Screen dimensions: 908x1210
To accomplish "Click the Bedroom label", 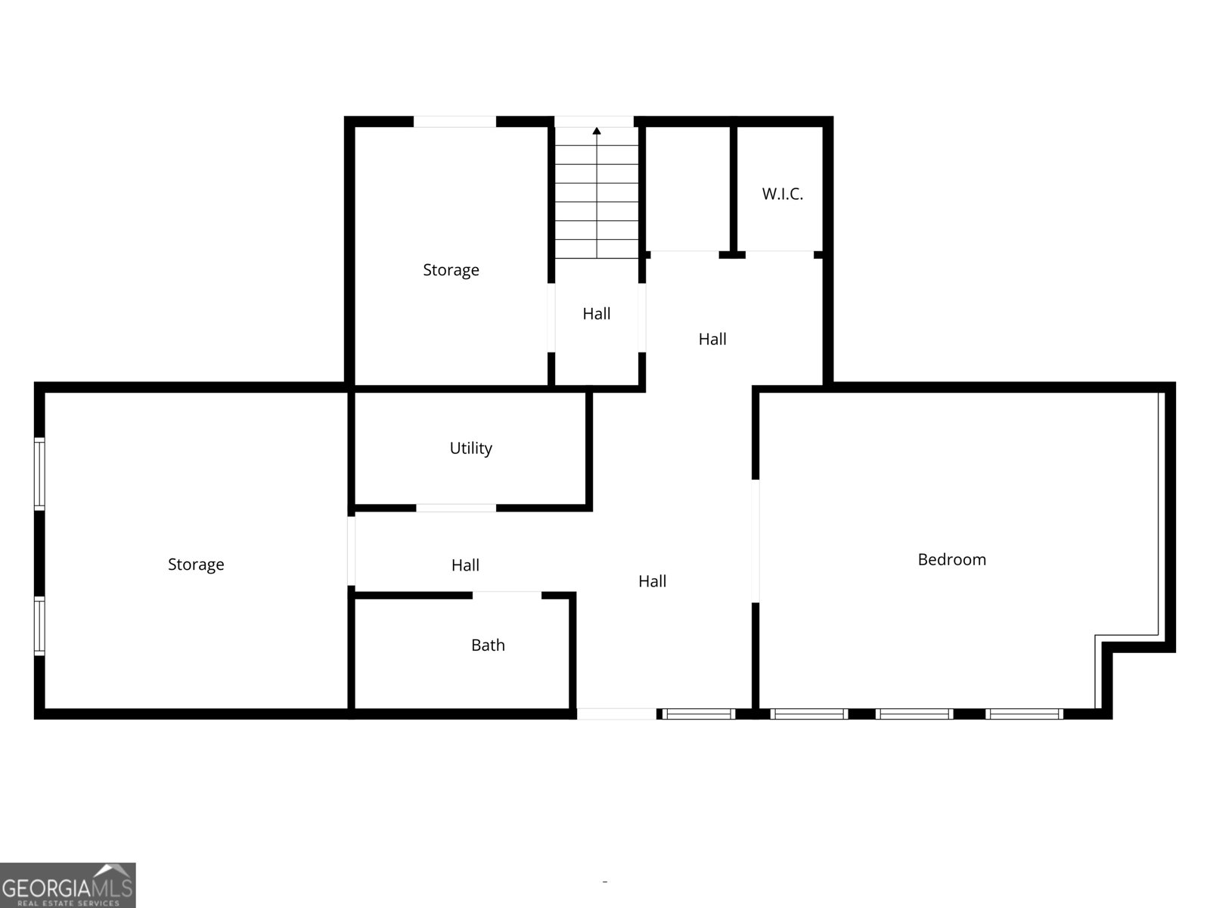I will point(951,560).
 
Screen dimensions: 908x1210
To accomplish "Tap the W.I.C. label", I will point(782,194).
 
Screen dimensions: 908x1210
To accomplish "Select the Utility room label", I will point(470,448).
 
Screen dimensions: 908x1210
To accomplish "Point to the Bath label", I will point(488,645).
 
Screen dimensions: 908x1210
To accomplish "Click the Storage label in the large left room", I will point(196,564).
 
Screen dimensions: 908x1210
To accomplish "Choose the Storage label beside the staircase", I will point(451,270).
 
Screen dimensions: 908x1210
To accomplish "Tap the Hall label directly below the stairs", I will point(597,313).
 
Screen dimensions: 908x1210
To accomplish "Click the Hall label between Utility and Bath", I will point(465,565).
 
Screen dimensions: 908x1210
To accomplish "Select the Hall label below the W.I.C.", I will point(712,339).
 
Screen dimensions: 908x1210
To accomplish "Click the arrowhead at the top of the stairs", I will point(597,131).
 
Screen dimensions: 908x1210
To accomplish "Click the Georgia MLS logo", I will point(67,885).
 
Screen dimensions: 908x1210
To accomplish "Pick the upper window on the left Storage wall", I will point(39,474).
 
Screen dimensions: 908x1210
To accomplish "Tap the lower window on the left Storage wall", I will point(39,625).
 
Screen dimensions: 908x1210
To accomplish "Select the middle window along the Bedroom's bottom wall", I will point(914,714).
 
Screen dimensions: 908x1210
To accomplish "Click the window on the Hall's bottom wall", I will point(698,714).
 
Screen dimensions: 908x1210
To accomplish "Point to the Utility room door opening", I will point(456,508).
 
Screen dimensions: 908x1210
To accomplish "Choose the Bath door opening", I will point(507,595).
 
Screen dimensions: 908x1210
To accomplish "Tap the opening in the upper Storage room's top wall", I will point(455,121).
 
